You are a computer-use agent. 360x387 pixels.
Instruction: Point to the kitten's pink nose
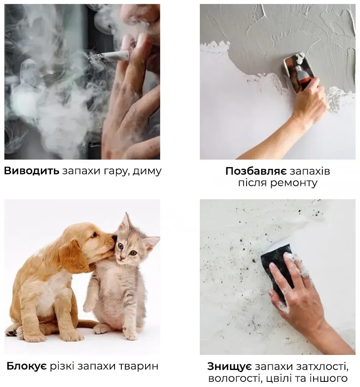click(x=121, y=257)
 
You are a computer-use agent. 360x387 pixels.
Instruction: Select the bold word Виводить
click(x=32, y=171)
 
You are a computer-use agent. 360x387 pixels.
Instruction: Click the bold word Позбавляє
click(x=256, y=171)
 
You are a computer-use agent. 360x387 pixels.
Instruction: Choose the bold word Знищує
click(x=230, y=367)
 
